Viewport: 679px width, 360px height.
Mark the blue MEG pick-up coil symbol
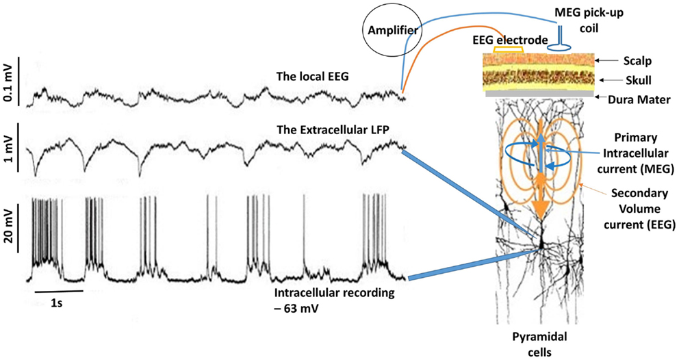[559, 38]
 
